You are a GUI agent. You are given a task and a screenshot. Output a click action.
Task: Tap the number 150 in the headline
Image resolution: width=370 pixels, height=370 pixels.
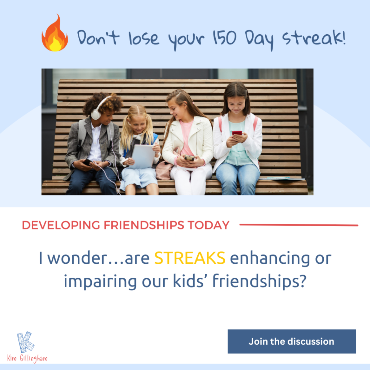pos(224,38)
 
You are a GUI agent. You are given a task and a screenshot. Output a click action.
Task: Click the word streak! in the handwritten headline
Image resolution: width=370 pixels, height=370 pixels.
pos(314,37)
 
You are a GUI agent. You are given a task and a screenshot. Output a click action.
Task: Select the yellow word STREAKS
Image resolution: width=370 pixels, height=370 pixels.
pos(190,258)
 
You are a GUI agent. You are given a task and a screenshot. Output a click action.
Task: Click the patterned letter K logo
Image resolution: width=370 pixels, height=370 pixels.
pos(25,342)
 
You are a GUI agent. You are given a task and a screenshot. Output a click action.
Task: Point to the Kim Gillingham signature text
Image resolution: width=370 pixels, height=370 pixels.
pos(27,358)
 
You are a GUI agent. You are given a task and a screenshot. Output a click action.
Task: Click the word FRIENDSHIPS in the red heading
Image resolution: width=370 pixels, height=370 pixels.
pos(144,225)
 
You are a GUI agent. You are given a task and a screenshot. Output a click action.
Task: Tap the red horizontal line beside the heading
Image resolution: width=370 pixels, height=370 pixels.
pos(299,225)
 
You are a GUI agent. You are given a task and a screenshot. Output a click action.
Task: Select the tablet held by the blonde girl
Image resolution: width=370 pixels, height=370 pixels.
pos(142,156)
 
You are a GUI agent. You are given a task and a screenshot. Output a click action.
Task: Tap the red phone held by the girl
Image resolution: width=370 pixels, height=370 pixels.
pos(237,133)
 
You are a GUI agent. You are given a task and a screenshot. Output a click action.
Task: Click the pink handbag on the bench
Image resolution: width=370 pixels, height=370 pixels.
pos(164,169)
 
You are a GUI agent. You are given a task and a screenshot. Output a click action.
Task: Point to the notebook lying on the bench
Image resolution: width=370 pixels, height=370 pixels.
pos(282,178)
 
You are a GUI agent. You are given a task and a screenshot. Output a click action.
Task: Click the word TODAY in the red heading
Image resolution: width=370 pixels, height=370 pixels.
pos(208,225)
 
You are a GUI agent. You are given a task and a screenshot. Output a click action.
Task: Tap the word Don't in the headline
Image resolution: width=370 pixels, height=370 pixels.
pos(98,37)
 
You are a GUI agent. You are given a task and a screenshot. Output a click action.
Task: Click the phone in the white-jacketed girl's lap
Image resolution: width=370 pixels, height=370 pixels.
pos(189,158)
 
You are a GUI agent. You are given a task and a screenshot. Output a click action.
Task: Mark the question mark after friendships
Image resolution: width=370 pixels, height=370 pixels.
pos(303,280)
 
